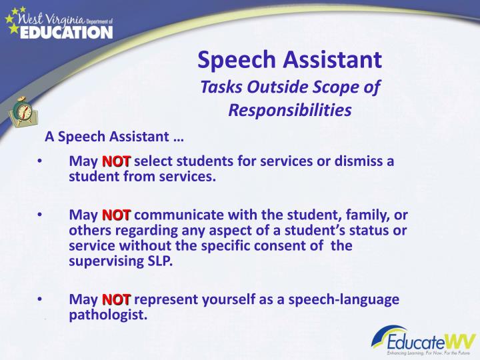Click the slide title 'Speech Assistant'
click(x=290, y=60)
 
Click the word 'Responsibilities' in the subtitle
click(x=290, y=109)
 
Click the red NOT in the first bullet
click(x=117, y=161)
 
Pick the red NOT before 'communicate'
click(x=117, y=215)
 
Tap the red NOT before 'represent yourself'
click(x=117, y=299)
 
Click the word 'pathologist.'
click(x=108, y=315)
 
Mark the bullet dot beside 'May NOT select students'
click(x=41, y=161)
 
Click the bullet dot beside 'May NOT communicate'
click(x=41, y=215)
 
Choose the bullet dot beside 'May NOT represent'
click(x=41, y=299)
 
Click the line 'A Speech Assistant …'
click(x=114, y=137)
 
